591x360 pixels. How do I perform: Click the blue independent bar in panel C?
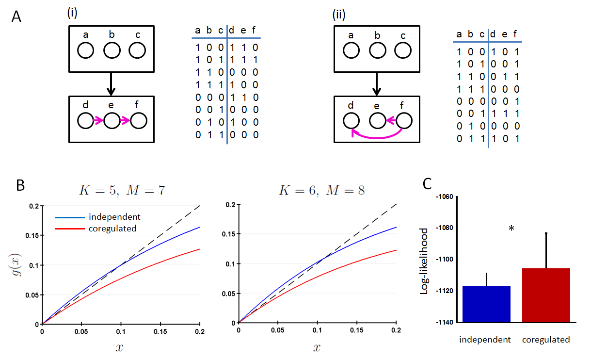coord(486,304)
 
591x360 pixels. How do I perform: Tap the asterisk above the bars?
coord(511,229)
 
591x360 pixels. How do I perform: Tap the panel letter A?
coord(16,16)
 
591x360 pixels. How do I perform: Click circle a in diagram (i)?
coord(85,50)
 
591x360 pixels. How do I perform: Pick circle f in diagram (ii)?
coord(404,121)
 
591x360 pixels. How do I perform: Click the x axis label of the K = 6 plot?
coord(317,348)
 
